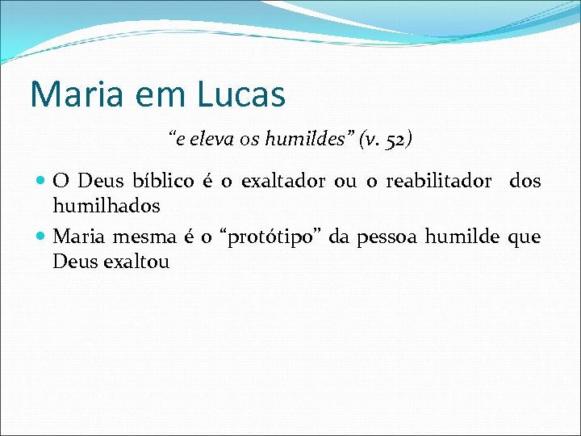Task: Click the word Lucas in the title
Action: click(x=240, y=94)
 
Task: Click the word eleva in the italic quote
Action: click(x=204, y=139)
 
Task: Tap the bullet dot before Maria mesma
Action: click(x=42, y=237)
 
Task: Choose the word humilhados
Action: click(x=107, y=206)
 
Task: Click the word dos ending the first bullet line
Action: click(x=525, y=181)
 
